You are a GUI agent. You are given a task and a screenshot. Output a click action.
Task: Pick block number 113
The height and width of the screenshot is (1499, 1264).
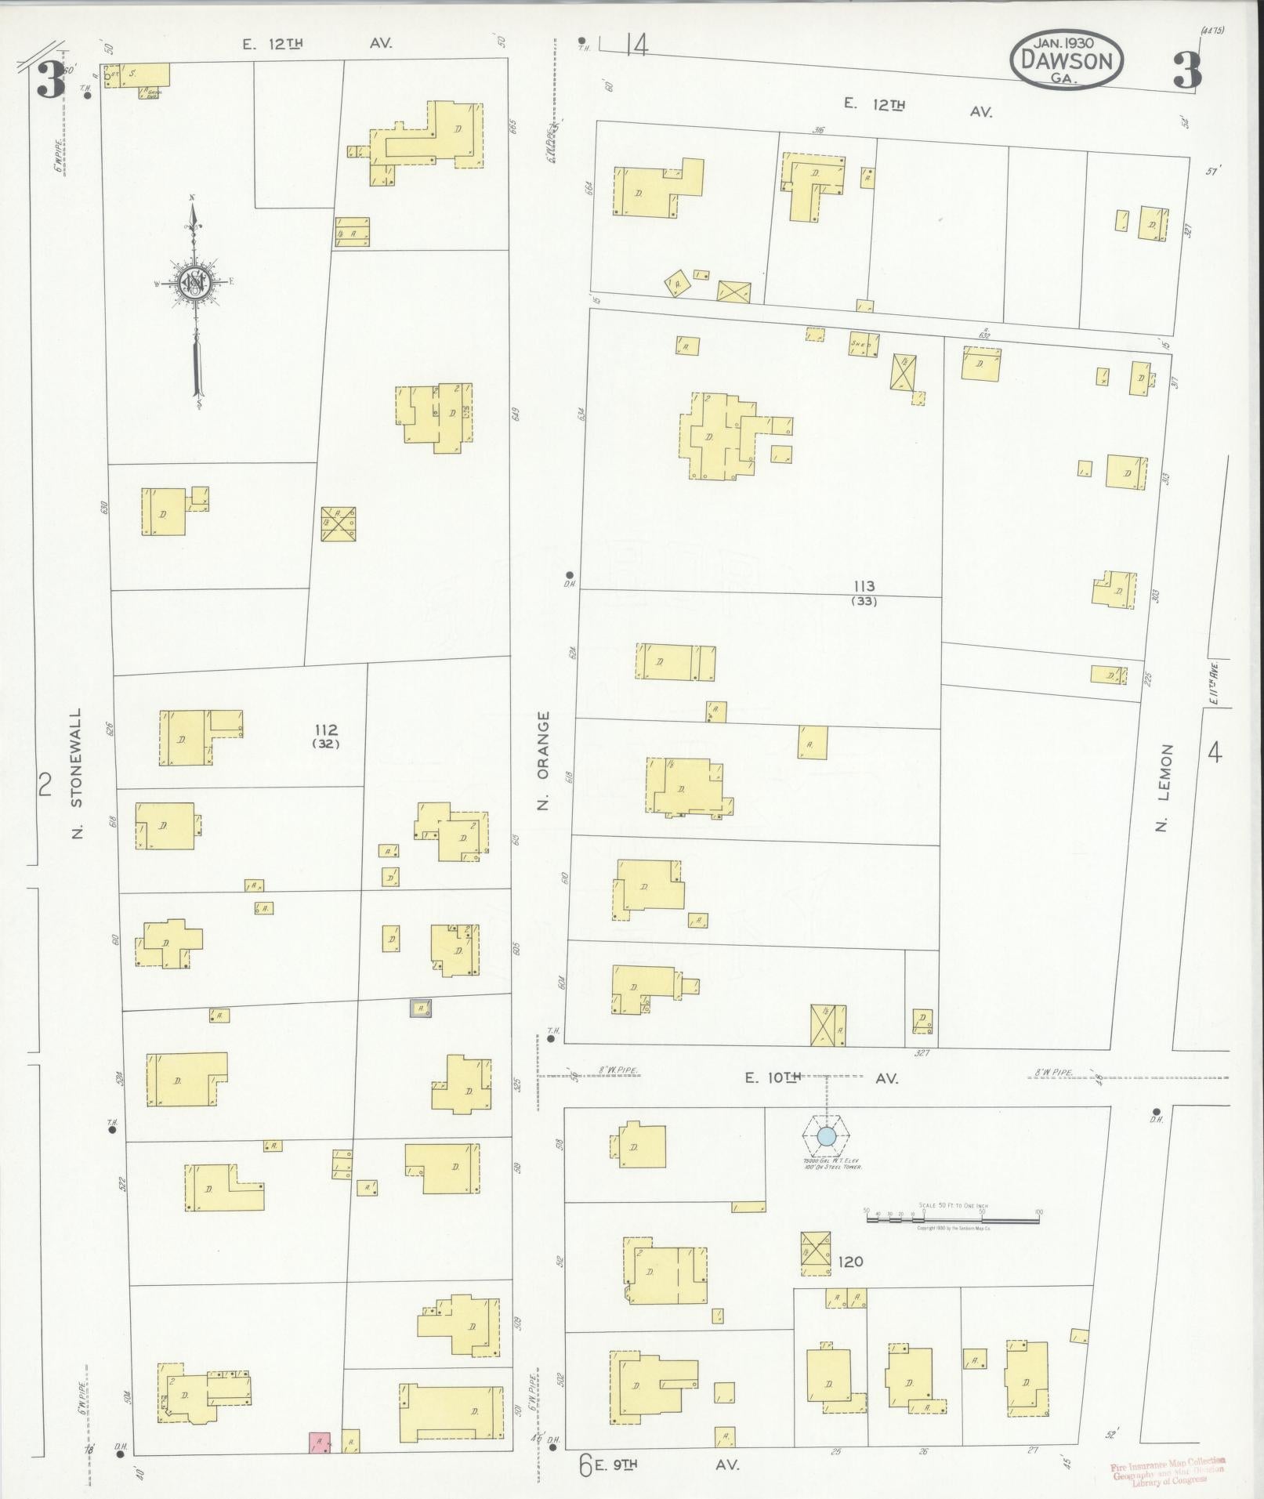(864, 586)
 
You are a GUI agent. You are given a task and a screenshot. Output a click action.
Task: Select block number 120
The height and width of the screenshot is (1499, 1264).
(850, 1262)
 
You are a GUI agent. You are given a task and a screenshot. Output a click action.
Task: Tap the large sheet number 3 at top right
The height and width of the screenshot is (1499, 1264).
(1186, 72)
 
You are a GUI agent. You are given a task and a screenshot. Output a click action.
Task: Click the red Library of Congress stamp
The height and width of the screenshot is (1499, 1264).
(1167, 1468)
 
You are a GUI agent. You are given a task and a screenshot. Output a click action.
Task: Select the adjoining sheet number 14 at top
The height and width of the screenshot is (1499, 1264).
(637, 47)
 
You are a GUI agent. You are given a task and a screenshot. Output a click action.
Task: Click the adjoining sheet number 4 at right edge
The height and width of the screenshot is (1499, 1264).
(1215, 753)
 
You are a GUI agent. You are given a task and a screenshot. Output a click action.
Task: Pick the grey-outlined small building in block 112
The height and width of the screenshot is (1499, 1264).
(421, 1008)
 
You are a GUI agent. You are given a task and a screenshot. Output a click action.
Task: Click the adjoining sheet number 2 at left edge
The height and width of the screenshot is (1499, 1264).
(45, 784)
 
